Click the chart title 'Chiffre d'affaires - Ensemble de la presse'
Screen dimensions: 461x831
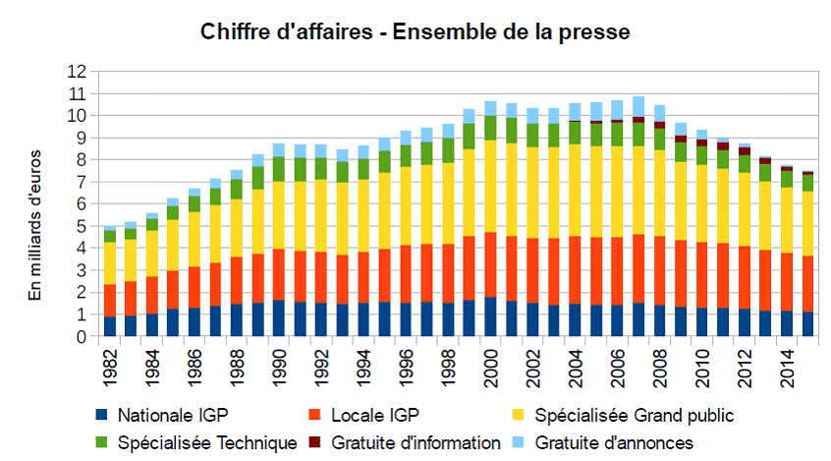coord(415,32)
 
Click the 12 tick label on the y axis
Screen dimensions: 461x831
coord(77,72)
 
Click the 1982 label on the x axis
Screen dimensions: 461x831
coord(110,363)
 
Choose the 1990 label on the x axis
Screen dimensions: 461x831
coord(279,363)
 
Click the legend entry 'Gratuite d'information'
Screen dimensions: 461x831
coord(415,443)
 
